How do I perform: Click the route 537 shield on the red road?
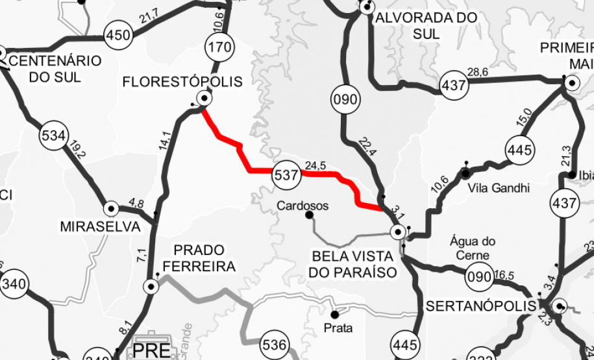[286, 174]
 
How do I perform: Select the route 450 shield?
[118, 36]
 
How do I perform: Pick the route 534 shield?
[53, 136]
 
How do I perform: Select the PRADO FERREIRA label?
[199, 258]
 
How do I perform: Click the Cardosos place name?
[303, 206]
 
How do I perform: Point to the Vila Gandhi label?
[499, 188]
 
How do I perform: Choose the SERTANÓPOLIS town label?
[481, 306]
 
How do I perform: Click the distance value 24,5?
[315, 165]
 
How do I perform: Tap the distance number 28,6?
[477, 71]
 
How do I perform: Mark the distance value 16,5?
[504, 276]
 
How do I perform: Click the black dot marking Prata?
[335, 315]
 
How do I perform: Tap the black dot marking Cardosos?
[309, 215]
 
